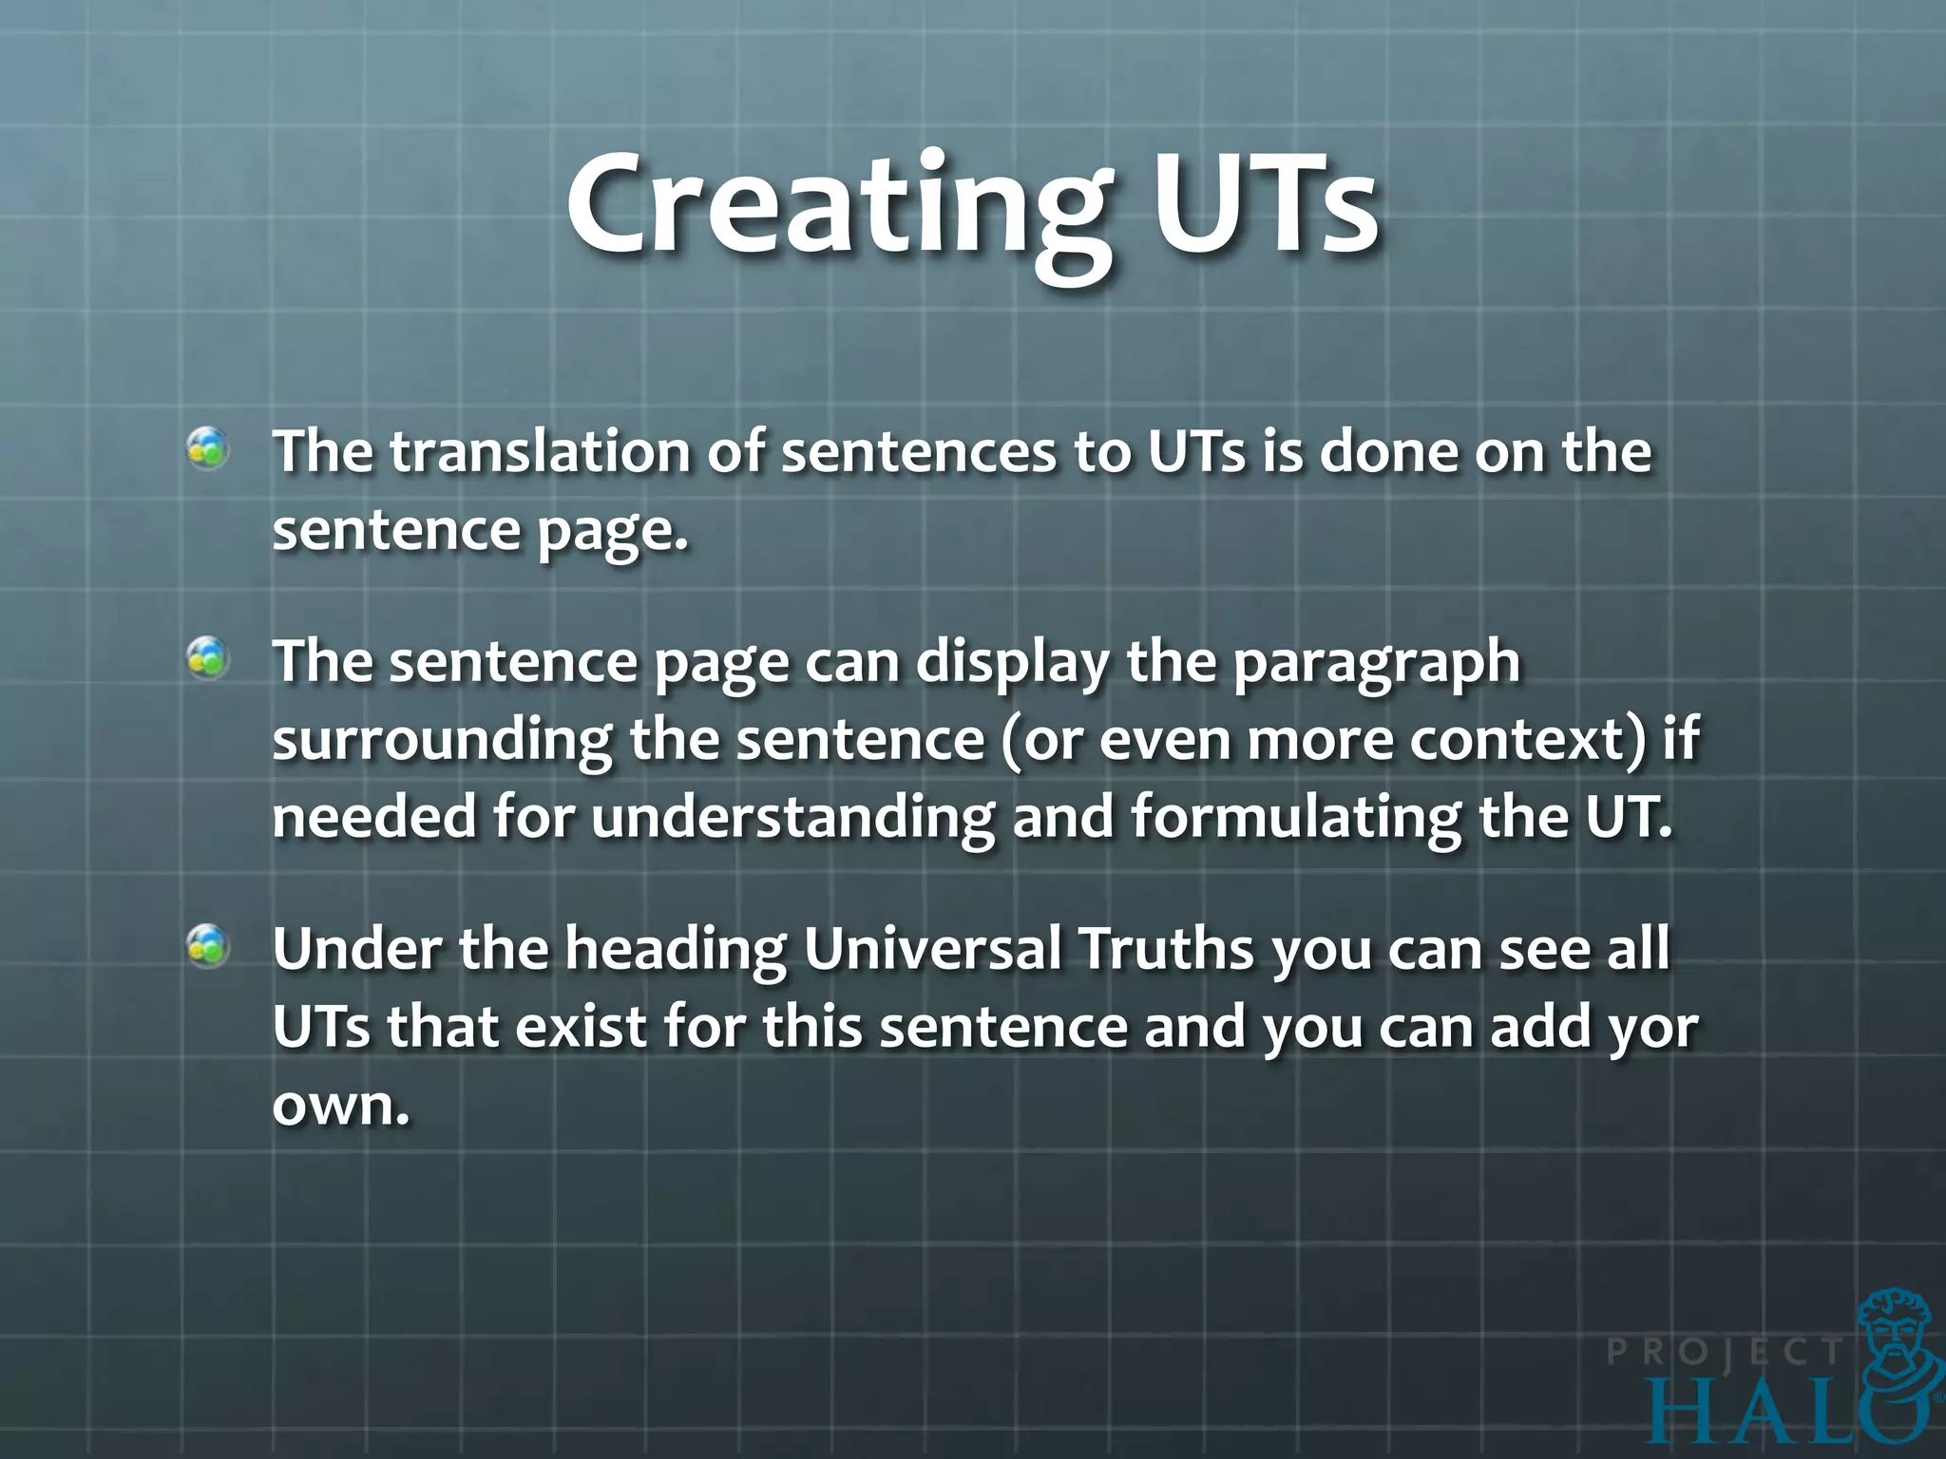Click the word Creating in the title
point(836,209)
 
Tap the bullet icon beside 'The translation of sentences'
point(207,448)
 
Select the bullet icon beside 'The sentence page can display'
point(207,658)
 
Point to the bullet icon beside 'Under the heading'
point(207,946)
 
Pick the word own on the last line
point(340,1106)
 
